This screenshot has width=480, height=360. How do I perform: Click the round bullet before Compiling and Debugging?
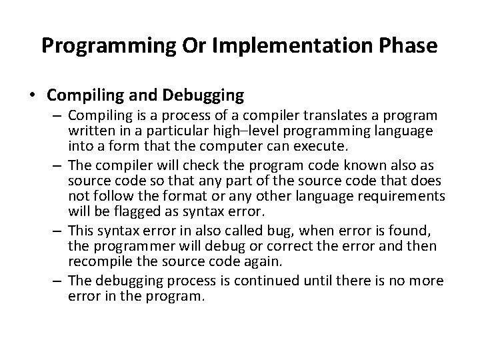point(31,95)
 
